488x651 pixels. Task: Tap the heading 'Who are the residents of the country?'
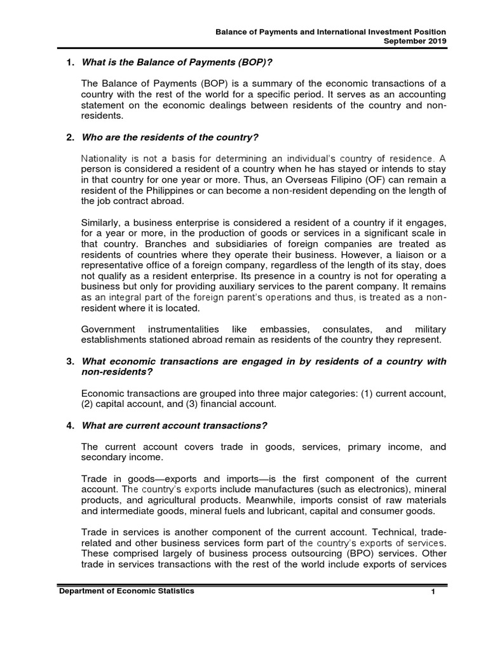170,138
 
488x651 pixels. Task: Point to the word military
430,329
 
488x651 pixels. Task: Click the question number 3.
69,361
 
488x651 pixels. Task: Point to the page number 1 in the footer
431,593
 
